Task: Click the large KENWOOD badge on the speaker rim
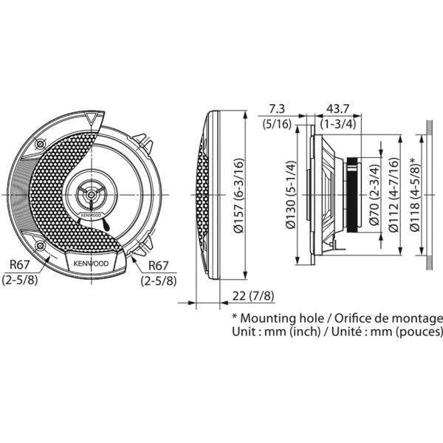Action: (91, 263)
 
